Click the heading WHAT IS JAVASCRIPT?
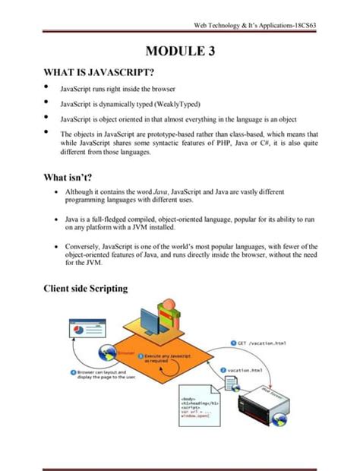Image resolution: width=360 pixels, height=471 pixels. pos(101,73)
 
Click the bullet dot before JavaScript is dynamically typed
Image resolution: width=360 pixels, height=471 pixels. pos(46,103)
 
